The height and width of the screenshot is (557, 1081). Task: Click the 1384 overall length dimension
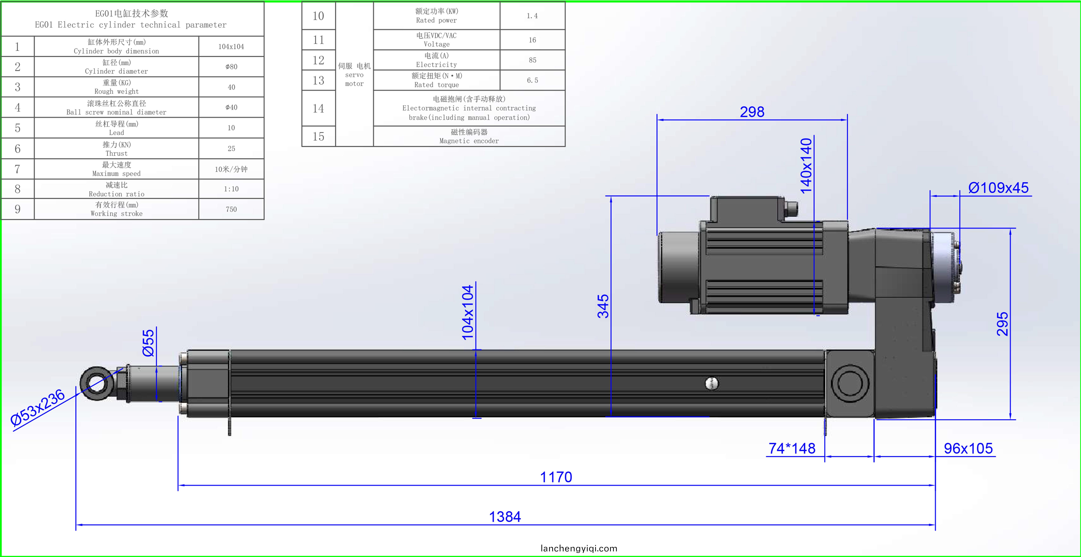point(505,517)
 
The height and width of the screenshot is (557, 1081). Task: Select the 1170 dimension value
point(556,477)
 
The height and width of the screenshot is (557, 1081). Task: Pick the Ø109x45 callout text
point(998,188)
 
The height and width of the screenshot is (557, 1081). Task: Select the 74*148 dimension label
point(792,448)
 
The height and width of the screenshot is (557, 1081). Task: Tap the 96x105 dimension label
point(968,448)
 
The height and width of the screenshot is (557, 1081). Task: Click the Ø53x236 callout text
point(38,408)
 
